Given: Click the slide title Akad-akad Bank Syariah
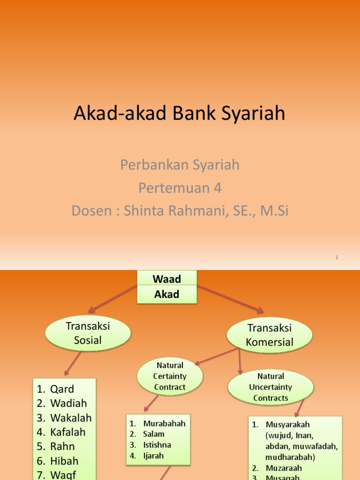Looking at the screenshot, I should (x=180, y=114).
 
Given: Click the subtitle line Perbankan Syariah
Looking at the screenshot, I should (x=180, y=165).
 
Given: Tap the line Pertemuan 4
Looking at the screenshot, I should (x=180, y=187).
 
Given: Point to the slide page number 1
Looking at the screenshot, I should (x=337, y=257).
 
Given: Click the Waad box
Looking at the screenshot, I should (x=166, y=279).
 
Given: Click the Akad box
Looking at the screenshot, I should (x=166, y=294).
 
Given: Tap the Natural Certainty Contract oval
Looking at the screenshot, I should (x=170, y=376).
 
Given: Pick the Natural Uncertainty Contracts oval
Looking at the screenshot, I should (x=270, y=387).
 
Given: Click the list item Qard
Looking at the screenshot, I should (x=62, y=389).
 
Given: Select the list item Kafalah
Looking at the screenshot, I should (x=67, y=432).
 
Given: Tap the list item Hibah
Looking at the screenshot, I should (x=64, y=461).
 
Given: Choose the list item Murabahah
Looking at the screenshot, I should (x=164, y=423).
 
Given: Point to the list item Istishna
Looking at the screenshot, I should (x=157, y=445).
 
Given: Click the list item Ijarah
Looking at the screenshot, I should (x=153, y=456).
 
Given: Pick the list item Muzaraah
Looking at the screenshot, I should (x=283, y=468).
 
